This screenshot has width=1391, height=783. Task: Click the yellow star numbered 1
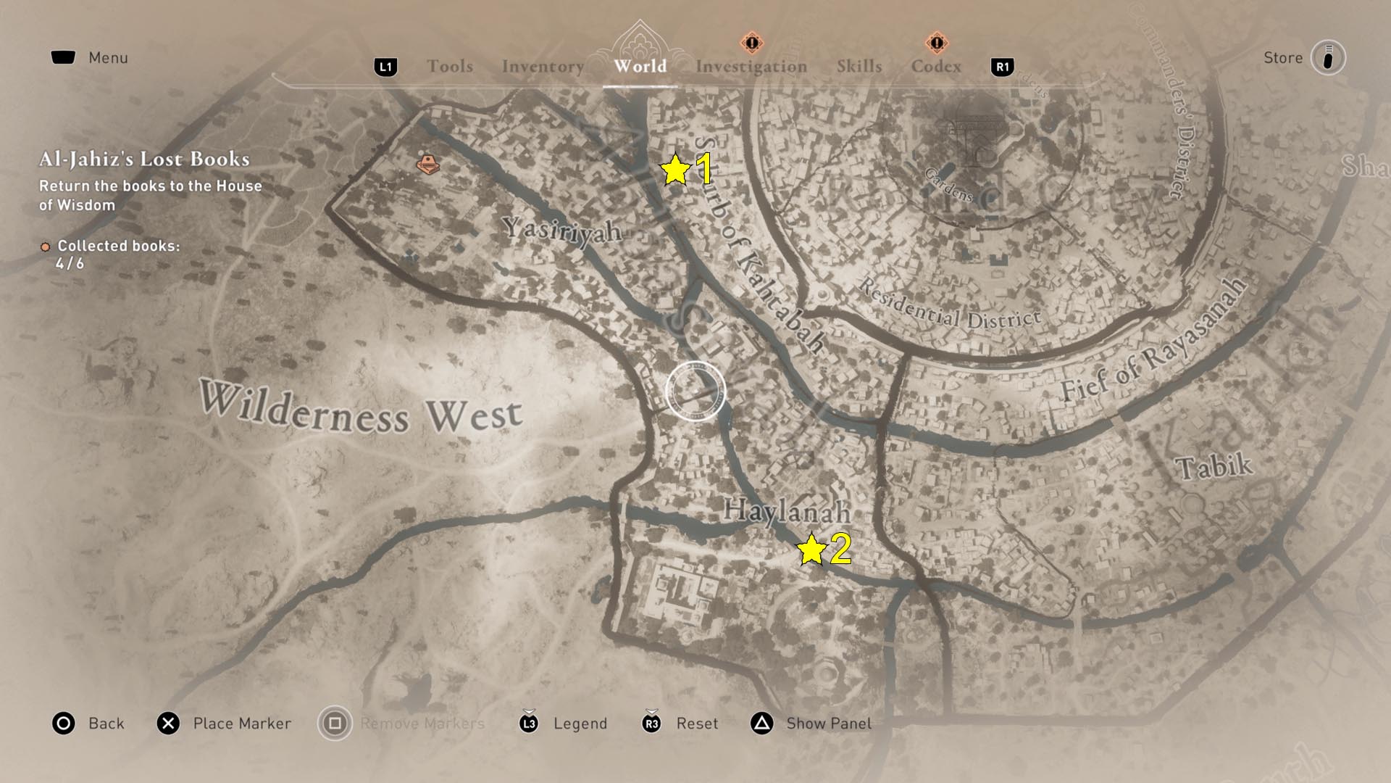pos(675,170)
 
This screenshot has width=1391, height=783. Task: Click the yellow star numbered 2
pos(811,550)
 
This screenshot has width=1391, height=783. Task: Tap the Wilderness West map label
pos(361,409)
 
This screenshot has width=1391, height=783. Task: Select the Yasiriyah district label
pos(563,231)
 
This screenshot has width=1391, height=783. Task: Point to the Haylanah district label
pos(787,510)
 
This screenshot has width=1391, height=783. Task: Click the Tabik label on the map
pos(1214,466)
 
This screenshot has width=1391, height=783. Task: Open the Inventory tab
pos(543,67)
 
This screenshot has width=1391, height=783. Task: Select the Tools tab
pos(450,67)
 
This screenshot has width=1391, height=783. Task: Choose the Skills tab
pos(859,67)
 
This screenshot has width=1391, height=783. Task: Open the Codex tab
pos(936,67)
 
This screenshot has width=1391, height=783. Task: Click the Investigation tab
pos(751,67)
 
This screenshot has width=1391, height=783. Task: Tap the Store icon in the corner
pos(1327,58)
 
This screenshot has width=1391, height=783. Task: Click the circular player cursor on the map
pos(695,391)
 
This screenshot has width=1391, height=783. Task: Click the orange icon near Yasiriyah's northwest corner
pos(427,164)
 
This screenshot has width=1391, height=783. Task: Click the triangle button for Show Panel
pos(762,723)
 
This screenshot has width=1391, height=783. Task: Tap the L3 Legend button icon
pos(529,723)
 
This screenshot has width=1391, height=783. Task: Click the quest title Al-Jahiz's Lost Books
pos(144,159)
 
